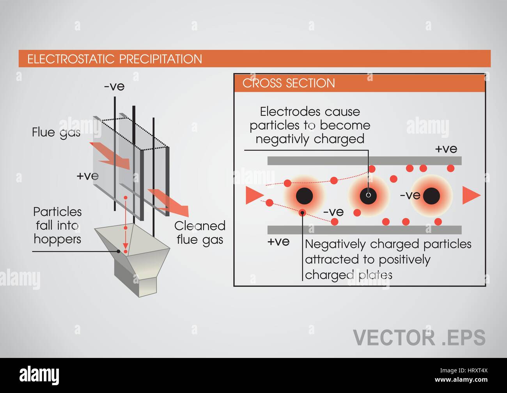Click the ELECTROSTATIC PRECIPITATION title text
[115, 59]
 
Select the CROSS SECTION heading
[289, 83]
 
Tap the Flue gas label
[56, 132]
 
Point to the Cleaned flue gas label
[200, 233]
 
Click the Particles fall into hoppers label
[57, 226]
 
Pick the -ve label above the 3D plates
[114, 86]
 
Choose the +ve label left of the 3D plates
[87, 176]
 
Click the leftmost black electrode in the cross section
[304, 196]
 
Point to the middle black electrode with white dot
[368, 195]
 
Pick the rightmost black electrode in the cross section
[432, 196]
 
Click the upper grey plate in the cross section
[364, 160]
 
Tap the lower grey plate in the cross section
[364, 229]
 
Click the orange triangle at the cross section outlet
[470, 195]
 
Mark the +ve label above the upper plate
[446, 149]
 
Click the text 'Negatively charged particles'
[388, 244]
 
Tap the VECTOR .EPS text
[419, 337]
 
